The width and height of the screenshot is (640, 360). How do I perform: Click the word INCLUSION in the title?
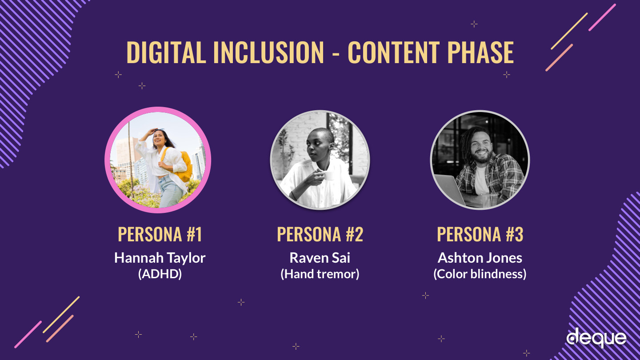tap(268, 52)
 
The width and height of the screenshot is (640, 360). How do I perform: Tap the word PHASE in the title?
tap(480, 52)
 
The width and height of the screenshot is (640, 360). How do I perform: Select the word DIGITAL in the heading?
tap(166, 52)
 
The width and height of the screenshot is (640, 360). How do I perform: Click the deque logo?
tap(596, 338)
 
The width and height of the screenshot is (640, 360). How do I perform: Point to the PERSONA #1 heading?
tap(160, 235)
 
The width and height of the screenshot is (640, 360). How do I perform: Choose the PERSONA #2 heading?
tap(320, 235)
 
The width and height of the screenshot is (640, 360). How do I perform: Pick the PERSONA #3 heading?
tap(480, 235)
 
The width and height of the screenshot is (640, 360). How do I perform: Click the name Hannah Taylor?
tap(160, 258)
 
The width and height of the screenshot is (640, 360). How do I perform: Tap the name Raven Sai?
tap(320, 258)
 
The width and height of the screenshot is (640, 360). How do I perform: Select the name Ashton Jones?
tap(480, 258)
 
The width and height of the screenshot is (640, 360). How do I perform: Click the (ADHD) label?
tap(160, 274)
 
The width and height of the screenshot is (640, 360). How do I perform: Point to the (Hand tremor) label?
tap(320, 274)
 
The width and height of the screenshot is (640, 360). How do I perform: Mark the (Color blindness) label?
tap(480, 274)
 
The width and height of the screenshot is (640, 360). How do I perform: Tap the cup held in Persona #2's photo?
tap(328, 176)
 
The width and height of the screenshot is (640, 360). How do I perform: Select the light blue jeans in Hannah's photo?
tap(171, 192)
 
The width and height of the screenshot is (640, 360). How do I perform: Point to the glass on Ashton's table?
tap(489, 200)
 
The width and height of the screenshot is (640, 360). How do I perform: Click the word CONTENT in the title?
tap(394, 52)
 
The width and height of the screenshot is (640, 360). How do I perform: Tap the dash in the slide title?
tap(336, 54)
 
